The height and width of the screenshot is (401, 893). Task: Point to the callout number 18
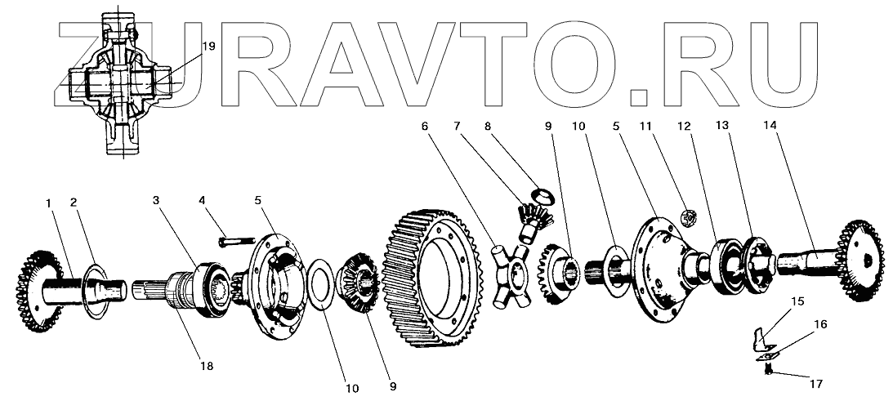208,367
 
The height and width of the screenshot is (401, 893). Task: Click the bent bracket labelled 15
761,334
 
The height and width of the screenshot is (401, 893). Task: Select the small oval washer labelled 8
540,194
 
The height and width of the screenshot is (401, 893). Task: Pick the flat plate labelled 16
768,352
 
